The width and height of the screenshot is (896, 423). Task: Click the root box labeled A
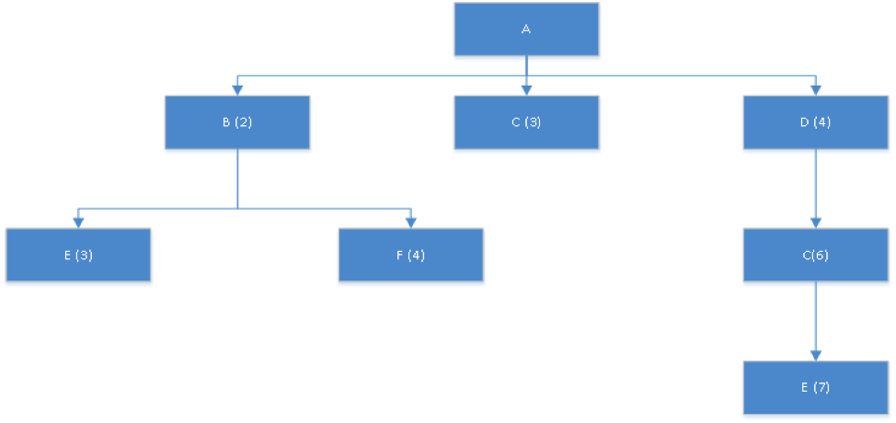tap(526, 29)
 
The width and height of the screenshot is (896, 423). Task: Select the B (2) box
tap(237, 122)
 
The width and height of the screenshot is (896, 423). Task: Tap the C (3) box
tap(526, 122)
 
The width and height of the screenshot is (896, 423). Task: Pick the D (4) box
tap(815, 122)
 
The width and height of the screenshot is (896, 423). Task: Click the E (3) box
tap(78, 255)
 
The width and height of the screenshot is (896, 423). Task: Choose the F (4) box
tap(410, 255)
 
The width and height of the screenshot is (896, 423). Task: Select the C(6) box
tap(815, 255)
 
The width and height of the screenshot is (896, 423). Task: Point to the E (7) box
tap(815, 387)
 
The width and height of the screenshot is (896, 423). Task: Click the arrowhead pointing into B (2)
tap(237, 90)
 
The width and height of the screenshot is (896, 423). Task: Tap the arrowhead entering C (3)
tap(526, 90)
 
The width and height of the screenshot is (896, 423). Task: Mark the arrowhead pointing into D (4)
tap(815, 90)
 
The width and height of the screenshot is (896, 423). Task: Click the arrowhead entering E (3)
tap(78, 222)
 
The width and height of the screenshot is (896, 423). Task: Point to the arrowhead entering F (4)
tap(410, 222)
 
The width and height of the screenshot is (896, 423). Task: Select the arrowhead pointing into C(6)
tap(815, 223)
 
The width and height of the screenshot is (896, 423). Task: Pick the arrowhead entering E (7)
tap(815, 355)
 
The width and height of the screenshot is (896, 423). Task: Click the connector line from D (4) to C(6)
tap(815, 184)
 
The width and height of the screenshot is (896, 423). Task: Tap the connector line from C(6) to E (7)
tap(815, 316)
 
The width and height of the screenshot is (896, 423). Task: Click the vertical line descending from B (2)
tap(237, 178)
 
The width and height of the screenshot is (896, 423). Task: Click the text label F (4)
tap(410, 255)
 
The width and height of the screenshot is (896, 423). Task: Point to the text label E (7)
tap(815, 387)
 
